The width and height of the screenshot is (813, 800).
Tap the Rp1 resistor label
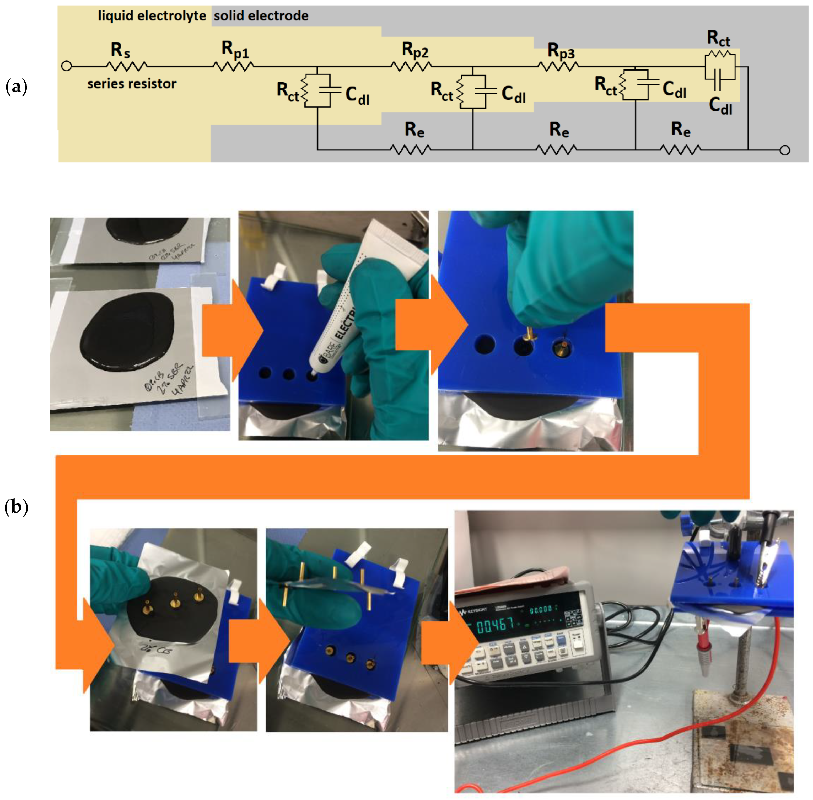[x=235, y=49]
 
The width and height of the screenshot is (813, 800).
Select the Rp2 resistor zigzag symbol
[x=411, y=66]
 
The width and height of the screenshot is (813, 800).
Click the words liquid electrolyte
[x=152, y=16]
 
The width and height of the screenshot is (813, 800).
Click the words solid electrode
[x=261, y=16]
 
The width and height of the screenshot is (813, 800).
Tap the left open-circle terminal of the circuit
[x=66, y=66]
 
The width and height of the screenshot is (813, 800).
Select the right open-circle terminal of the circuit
[x=784, y=150]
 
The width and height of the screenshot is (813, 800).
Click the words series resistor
[x=132, y=84]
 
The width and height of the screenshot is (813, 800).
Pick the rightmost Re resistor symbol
[x=679, y=149]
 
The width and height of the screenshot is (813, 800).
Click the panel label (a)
[x=16, y=87]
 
